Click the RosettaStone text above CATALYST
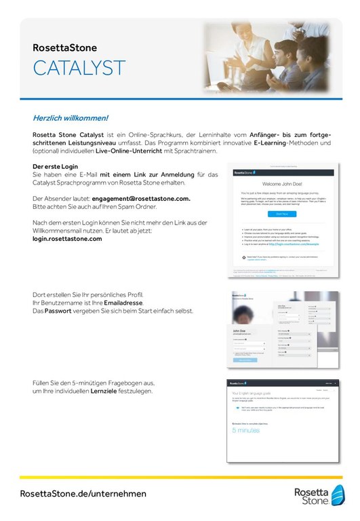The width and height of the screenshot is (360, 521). (65, 48)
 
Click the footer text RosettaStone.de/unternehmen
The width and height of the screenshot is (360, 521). (83, 494)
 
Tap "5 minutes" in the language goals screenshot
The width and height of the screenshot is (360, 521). (247, 430)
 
